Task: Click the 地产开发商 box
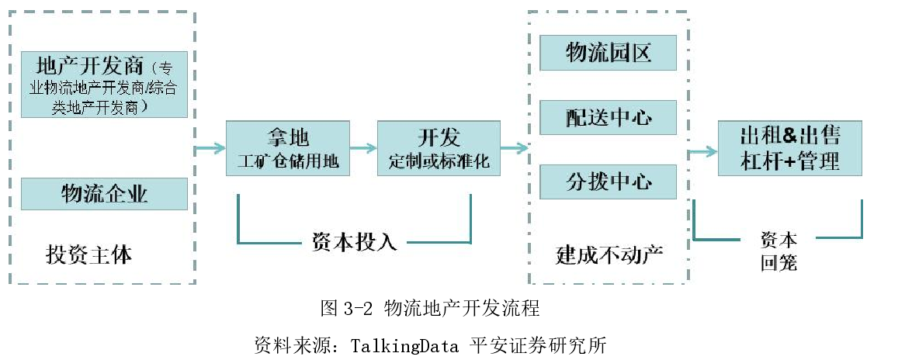point(104,84)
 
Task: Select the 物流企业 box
point(104,193)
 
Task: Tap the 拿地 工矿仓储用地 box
point(288,149)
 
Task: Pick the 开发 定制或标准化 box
point(439,149)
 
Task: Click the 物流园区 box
point(609,53)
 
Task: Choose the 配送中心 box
point(609,117)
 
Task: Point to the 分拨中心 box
point(609,182)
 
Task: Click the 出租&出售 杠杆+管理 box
point(790,148)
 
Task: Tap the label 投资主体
point(88,254)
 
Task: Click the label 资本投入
point(354,242)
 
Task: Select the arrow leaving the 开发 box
point(514,147)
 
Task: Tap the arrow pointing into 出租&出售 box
point(702,151)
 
